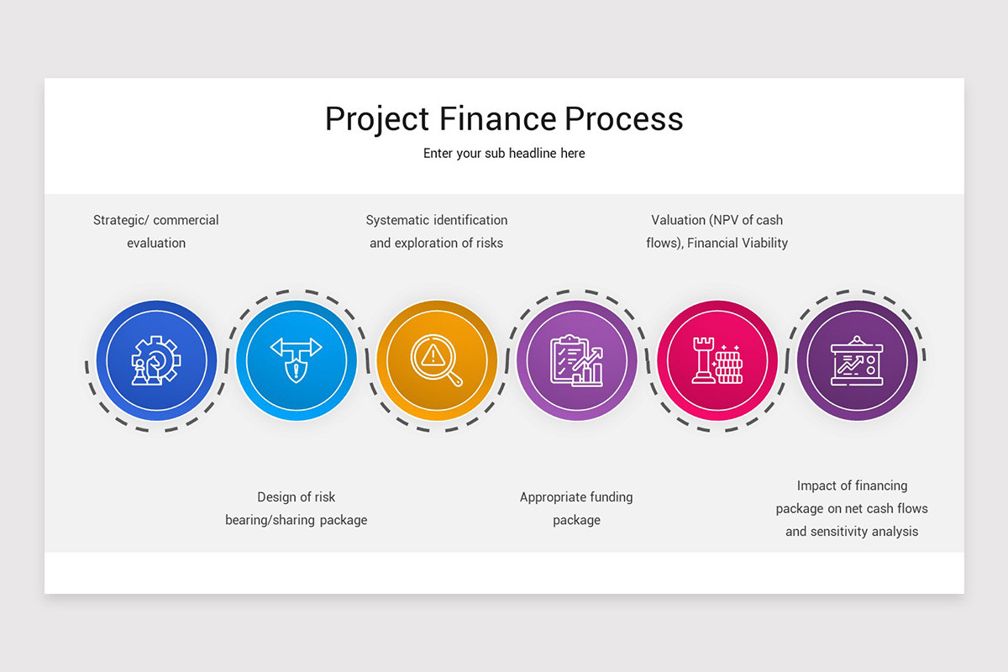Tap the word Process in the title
point(623,118)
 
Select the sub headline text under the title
point(504,154)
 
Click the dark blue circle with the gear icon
point(156,360)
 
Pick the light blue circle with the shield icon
point(297,360)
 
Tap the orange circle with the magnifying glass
point(437,360)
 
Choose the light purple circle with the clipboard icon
point(577,360)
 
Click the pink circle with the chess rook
point(717,360)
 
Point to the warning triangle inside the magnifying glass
point(433,354)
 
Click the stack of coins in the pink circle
point(728,366)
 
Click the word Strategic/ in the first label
point(121,220)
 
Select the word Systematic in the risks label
point(398,220)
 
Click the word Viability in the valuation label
point(759,243)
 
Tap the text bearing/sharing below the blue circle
point(267,520)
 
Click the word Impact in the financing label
point(816,486)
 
